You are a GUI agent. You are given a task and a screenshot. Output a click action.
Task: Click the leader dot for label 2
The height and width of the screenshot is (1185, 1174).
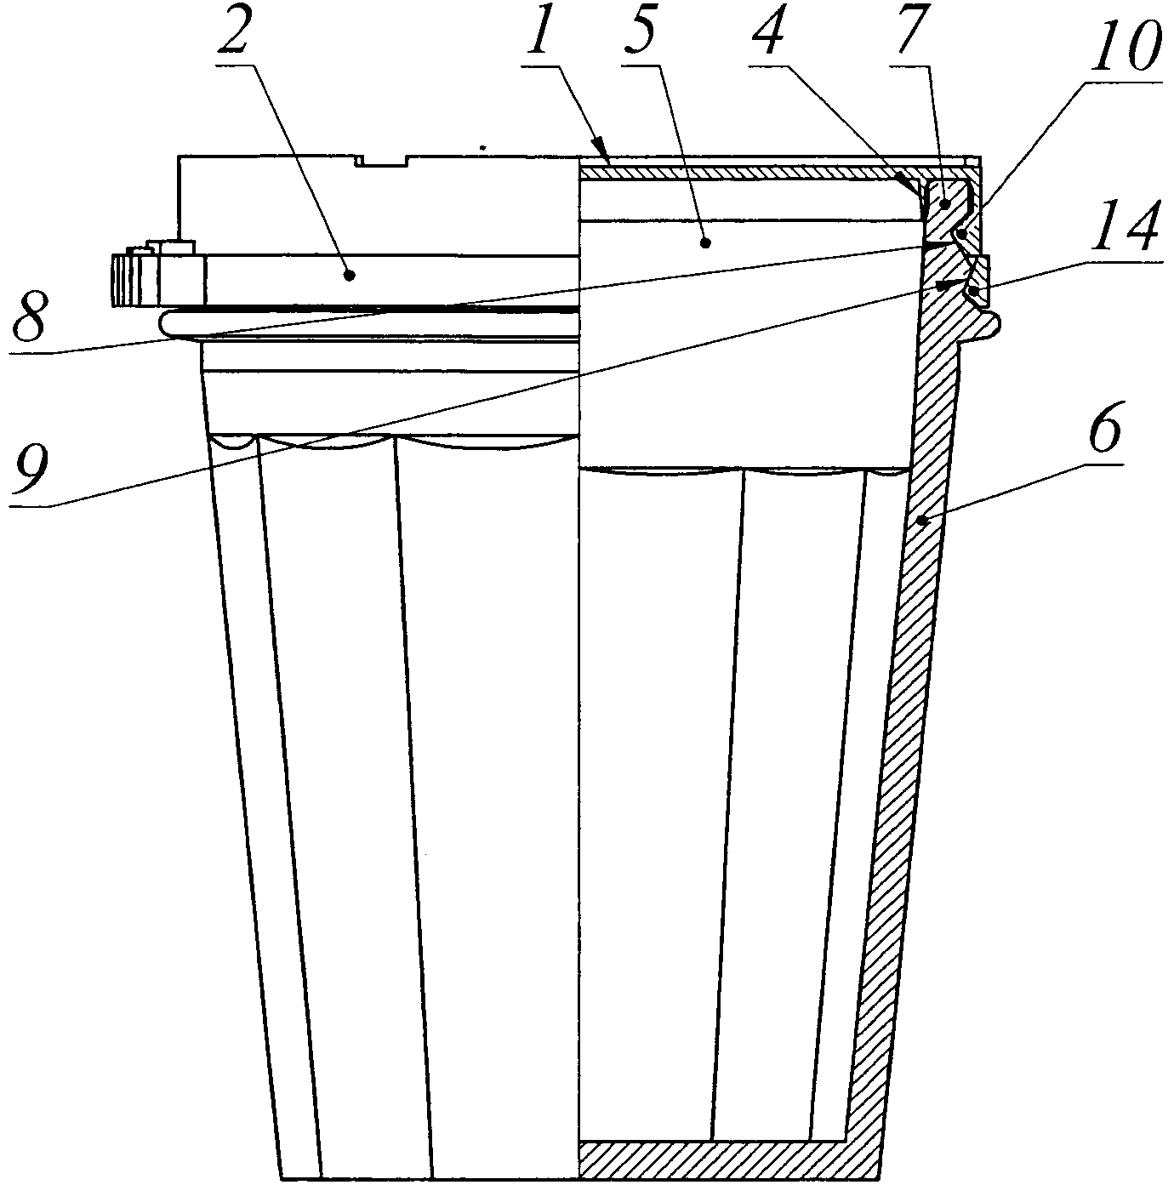[349, 274]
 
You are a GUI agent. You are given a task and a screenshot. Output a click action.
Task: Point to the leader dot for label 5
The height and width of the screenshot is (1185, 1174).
[705, 243]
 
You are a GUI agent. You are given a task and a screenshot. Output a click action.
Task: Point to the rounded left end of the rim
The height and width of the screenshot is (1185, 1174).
[166, 322]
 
